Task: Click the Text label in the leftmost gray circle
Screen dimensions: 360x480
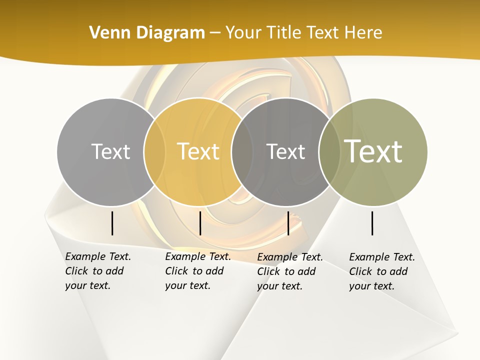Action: [110, 151]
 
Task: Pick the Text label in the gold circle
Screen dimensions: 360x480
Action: [198, 151]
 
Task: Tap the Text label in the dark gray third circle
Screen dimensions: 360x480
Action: [285, 151]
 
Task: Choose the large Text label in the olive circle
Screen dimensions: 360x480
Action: [373, 151]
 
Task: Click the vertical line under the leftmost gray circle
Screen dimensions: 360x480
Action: [112, 223]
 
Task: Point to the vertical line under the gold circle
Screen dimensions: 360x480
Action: [200, 223]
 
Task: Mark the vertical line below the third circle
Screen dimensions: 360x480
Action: [288, 223]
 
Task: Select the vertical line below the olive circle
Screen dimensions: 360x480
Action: [372, 223]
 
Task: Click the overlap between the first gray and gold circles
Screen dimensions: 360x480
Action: [154, 152]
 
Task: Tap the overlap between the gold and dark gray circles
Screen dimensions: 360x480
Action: [242, 152]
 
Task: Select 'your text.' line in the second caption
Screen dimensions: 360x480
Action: [187, 285]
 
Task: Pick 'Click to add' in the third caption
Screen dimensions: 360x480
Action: [286, 271]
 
